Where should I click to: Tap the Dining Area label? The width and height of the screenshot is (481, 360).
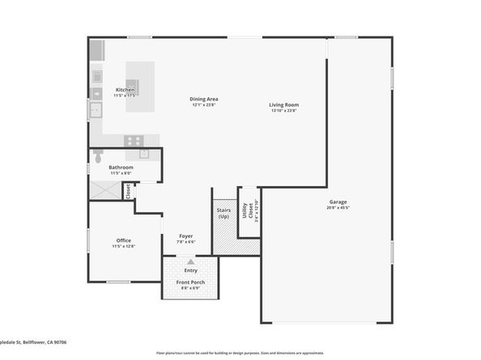click(205, 99)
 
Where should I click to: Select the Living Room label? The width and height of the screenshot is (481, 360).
click(283, 104)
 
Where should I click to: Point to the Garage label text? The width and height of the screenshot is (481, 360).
click(338, 201)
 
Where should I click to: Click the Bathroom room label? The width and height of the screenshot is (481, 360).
click(121, 167)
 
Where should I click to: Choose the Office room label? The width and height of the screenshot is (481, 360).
click(124, 240)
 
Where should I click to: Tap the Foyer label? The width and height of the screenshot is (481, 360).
click(186, 236)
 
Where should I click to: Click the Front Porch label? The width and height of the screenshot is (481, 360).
click(190, 282)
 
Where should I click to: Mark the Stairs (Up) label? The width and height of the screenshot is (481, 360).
click(224, 214)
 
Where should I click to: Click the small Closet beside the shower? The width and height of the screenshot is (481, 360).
click(128, 191)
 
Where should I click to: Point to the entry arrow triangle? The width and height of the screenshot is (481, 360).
click(190, 262)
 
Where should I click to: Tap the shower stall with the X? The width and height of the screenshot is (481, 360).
click(104, 191)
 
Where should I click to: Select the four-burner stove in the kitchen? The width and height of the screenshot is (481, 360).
click(134, 140)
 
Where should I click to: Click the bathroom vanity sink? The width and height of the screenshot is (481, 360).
click(144, 152)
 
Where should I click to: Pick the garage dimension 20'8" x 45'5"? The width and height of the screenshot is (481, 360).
click(338, 207)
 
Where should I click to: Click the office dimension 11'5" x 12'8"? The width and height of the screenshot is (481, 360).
click(124, 246)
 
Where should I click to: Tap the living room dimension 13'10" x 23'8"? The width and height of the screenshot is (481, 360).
click(283, 110)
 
